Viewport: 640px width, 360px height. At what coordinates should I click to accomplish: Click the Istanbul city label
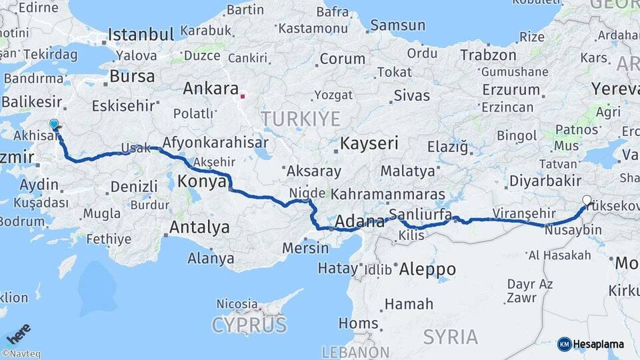tap(141, 34)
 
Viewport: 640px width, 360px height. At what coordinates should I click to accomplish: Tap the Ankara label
tap(211, 89)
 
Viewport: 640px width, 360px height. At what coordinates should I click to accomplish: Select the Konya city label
tap(203, 181)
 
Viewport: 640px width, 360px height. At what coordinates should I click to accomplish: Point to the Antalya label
tap(199, 227)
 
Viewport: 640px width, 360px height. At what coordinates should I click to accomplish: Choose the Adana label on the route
tap(357, 221)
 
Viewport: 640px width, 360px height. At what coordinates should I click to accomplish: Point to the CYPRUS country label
tap(249, 325)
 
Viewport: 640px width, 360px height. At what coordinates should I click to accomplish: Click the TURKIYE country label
tap(300, 119)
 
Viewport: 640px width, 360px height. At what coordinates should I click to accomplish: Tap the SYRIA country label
tap(451, 337)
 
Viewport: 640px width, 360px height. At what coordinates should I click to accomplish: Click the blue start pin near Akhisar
tap(54, 125)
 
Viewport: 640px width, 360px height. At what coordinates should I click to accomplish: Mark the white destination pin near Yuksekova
tap(587, 200)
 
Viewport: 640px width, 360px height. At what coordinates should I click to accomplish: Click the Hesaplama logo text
tap(598, 344)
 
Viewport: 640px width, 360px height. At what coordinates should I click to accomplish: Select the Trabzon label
tap(488, 55)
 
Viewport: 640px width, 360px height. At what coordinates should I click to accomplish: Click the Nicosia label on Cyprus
tap(237, 304)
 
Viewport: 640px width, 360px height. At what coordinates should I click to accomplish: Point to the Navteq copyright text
tap(21, 354)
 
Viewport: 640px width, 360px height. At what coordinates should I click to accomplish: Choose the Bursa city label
tap(132, 76)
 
